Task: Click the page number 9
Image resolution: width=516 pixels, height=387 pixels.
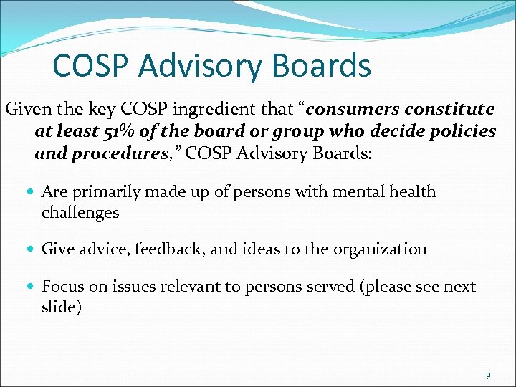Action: (x=487, y=376)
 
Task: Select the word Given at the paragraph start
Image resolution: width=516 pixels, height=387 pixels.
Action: (x=27, y=110)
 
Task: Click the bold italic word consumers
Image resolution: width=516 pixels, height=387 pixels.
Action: (x=354, y=110)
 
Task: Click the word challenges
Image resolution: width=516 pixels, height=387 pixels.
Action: (x=80, y=212)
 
